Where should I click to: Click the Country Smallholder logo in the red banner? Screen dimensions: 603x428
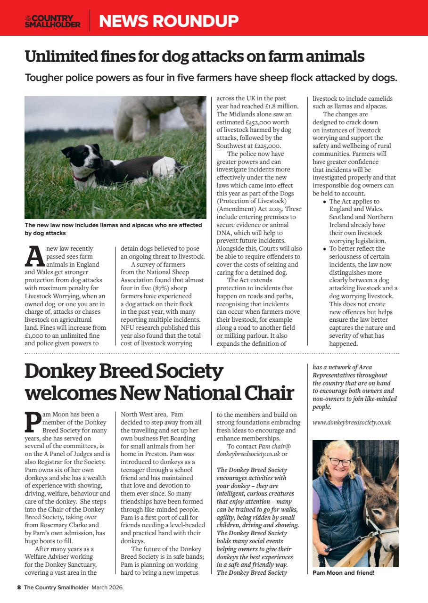(x=52, y=21)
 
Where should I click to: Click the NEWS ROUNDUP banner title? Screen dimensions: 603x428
(x=168, y=21)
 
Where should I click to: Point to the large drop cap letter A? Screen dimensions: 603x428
(x=34, y=256)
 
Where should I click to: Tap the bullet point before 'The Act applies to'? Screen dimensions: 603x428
(x=324, y=202)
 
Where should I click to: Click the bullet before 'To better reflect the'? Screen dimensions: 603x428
(x=324, y=249)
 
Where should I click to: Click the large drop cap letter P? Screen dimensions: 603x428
(x=32, y=422)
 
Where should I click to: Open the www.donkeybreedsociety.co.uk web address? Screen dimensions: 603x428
(x=352, y=422)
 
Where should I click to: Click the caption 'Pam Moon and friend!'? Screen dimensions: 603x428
(x=343, y=573)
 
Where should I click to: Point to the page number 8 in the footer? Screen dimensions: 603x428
(x=19, y=587)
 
